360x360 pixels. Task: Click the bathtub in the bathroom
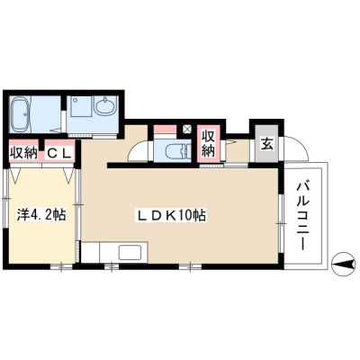[x=21, y=114]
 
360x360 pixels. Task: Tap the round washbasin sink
[x=104, y=106]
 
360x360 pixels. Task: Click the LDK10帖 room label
[x=171, y=215]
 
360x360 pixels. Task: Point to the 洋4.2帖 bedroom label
[x=41, y=215]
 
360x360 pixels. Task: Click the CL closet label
[x=58, y=153]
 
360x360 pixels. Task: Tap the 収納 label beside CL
[x=23, y=153]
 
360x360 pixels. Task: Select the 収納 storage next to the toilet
[x=209, y=143]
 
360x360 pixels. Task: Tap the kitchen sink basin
[x=130, y=253]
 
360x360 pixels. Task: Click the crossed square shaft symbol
[x=187, y=130]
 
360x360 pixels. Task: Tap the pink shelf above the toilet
[x=165, y=130]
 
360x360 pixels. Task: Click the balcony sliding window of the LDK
[x=281, y=223]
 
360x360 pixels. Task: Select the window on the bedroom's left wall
[x=6, y=198]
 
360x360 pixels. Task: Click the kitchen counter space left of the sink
[x=90, y=252]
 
